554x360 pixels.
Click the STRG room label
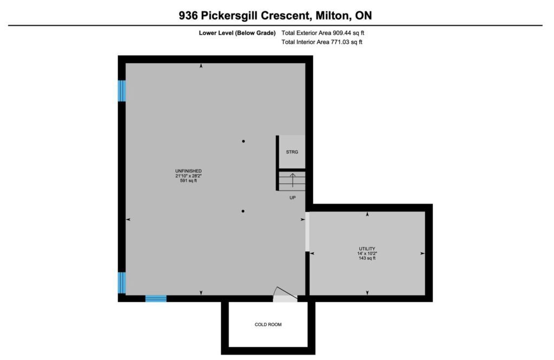pyautogui.click(x=292, y=152)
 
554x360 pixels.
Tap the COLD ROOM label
pyautogui.click(x=268, y=324)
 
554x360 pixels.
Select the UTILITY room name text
pyautogui.click(x=367, y=248)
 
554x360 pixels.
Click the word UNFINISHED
pyautogui.click(x=188, y=171)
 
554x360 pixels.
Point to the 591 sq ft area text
pyautogui.click(x=188, y=181)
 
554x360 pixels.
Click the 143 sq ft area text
pyautogui.click(x=367, y=258)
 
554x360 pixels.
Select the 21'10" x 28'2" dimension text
pyautogui.click(x=188, y=176)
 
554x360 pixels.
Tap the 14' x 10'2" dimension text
pyautogui.click(x=367, y=253)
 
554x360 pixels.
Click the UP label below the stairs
pyautogui.click(x=293, y=198)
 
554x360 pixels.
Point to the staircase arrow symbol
pyautogui.click(x=293, y=180)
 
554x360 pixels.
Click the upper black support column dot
pyautogui.click(x=243, y=141)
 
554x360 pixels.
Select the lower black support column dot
pyautogui.click(x=243, y=211)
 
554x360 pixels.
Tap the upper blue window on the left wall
pyautogui.click(x=122, y=91)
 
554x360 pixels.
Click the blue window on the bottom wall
pyautogui.click(x=156, y=299)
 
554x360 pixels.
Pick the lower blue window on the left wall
pyautogui.click(x=122, y=283)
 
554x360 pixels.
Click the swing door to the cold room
pyautogui.click(x=285, y=294)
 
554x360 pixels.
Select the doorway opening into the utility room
pyautogui.click(x=307, y=232)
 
